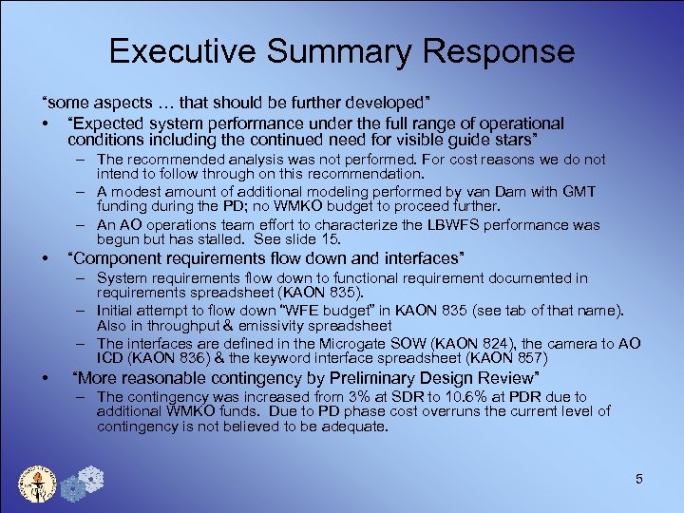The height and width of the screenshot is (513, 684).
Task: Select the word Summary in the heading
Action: tap(330, 50)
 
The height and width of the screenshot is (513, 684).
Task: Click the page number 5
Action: tap(639, 479)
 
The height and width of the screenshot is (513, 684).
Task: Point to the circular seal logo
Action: tap(37, 480)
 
